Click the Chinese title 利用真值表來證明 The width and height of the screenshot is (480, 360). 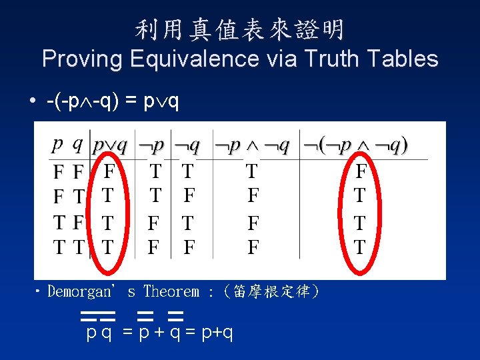pyautogui.click(x=240, y=29)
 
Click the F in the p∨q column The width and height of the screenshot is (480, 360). pyautogui.click(x=109, y=172)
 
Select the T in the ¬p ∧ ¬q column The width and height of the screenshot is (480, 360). pyautogui.click(x=252, y=172)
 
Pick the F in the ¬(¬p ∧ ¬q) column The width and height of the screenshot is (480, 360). pyautogui.click(x=361, y=172)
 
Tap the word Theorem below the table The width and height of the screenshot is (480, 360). pyautogui.click(x=171, y=291)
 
